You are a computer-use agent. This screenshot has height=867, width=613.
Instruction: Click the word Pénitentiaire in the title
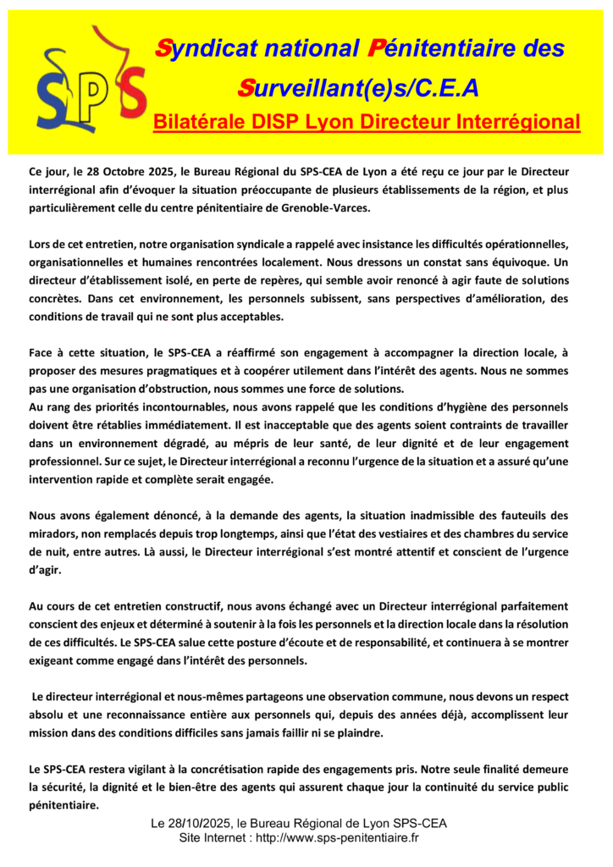click(457, 49)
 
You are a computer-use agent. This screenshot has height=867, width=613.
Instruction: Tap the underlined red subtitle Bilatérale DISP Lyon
click(367, 122)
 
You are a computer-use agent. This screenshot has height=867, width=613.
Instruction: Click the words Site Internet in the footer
click(216, 838)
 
